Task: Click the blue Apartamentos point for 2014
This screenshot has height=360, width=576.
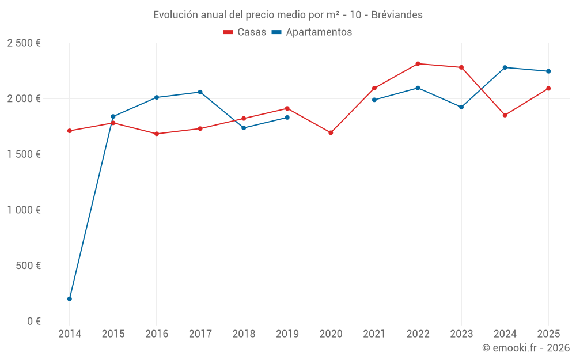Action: tap(70, 298)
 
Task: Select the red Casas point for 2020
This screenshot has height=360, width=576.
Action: tap(331, 132)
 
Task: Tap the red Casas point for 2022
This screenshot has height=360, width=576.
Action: tap(418, 63)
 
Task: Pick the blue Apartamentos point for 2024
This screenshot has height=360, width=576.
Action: tap(505, 67)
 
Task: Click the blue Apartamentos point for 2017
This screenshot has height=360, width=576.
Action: tap(200, 92)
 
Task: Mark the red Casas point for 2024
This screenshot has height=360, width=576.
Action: tap(505, 115)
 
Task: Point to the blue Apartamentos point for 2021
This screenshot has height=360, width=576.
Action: tap(374, 100)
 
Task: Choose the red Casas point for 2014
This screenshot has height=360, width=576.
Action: tap(70, 131)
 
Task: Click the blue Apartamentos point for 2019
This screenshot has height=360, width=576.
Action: tap(287, 118)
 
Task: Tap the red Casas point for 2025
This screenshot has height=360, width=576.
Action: tap(548, 88)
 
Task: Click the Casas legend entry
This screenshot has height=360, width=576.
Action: tap(245, 32)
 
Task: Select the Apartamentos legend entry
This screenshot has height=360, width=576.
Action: tap(312, 32)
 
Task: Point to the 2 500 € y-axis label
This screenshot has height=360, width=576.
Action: tap(24, 43)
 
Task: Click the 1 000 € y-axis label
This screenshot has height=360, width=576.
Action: tap(24, 210)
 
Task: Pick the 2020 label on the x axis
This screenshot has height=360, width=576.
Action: tap(331, 334)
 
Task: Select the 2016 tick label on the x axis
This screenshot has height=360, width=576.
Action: tap(157, 334)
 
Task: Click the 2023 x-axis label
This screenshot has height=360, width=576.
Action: tap(461, 334)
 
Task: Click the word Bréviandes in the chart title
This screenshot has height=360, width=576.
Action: tap(397, 15)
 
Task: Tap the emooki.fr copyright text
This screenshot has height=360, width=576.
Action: tap(526, 348)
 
